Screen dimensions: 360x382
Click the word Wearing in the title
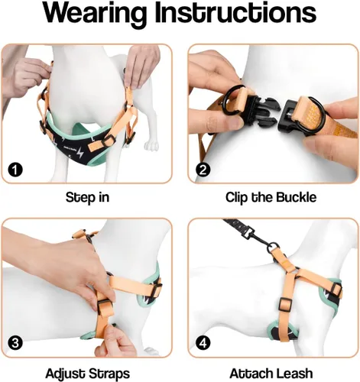tap(95, 13)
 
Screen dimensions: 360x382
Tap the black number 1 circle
tap(15, 170)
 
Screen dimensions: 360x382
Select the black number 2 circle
tap(203, 170)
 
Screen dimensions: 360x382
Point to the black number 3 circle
tap(15, 343)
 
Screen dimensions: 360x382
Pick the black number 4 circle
tap(203, 343)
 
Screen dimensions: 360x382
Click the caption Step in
tap(87, 198)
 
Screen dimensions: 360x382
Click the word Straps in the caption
tap(109, 374)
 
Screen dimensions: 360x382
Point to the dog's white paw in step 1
tap(152, 146)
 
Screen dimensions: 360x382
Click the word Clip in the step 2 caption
tap(236, 198)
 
